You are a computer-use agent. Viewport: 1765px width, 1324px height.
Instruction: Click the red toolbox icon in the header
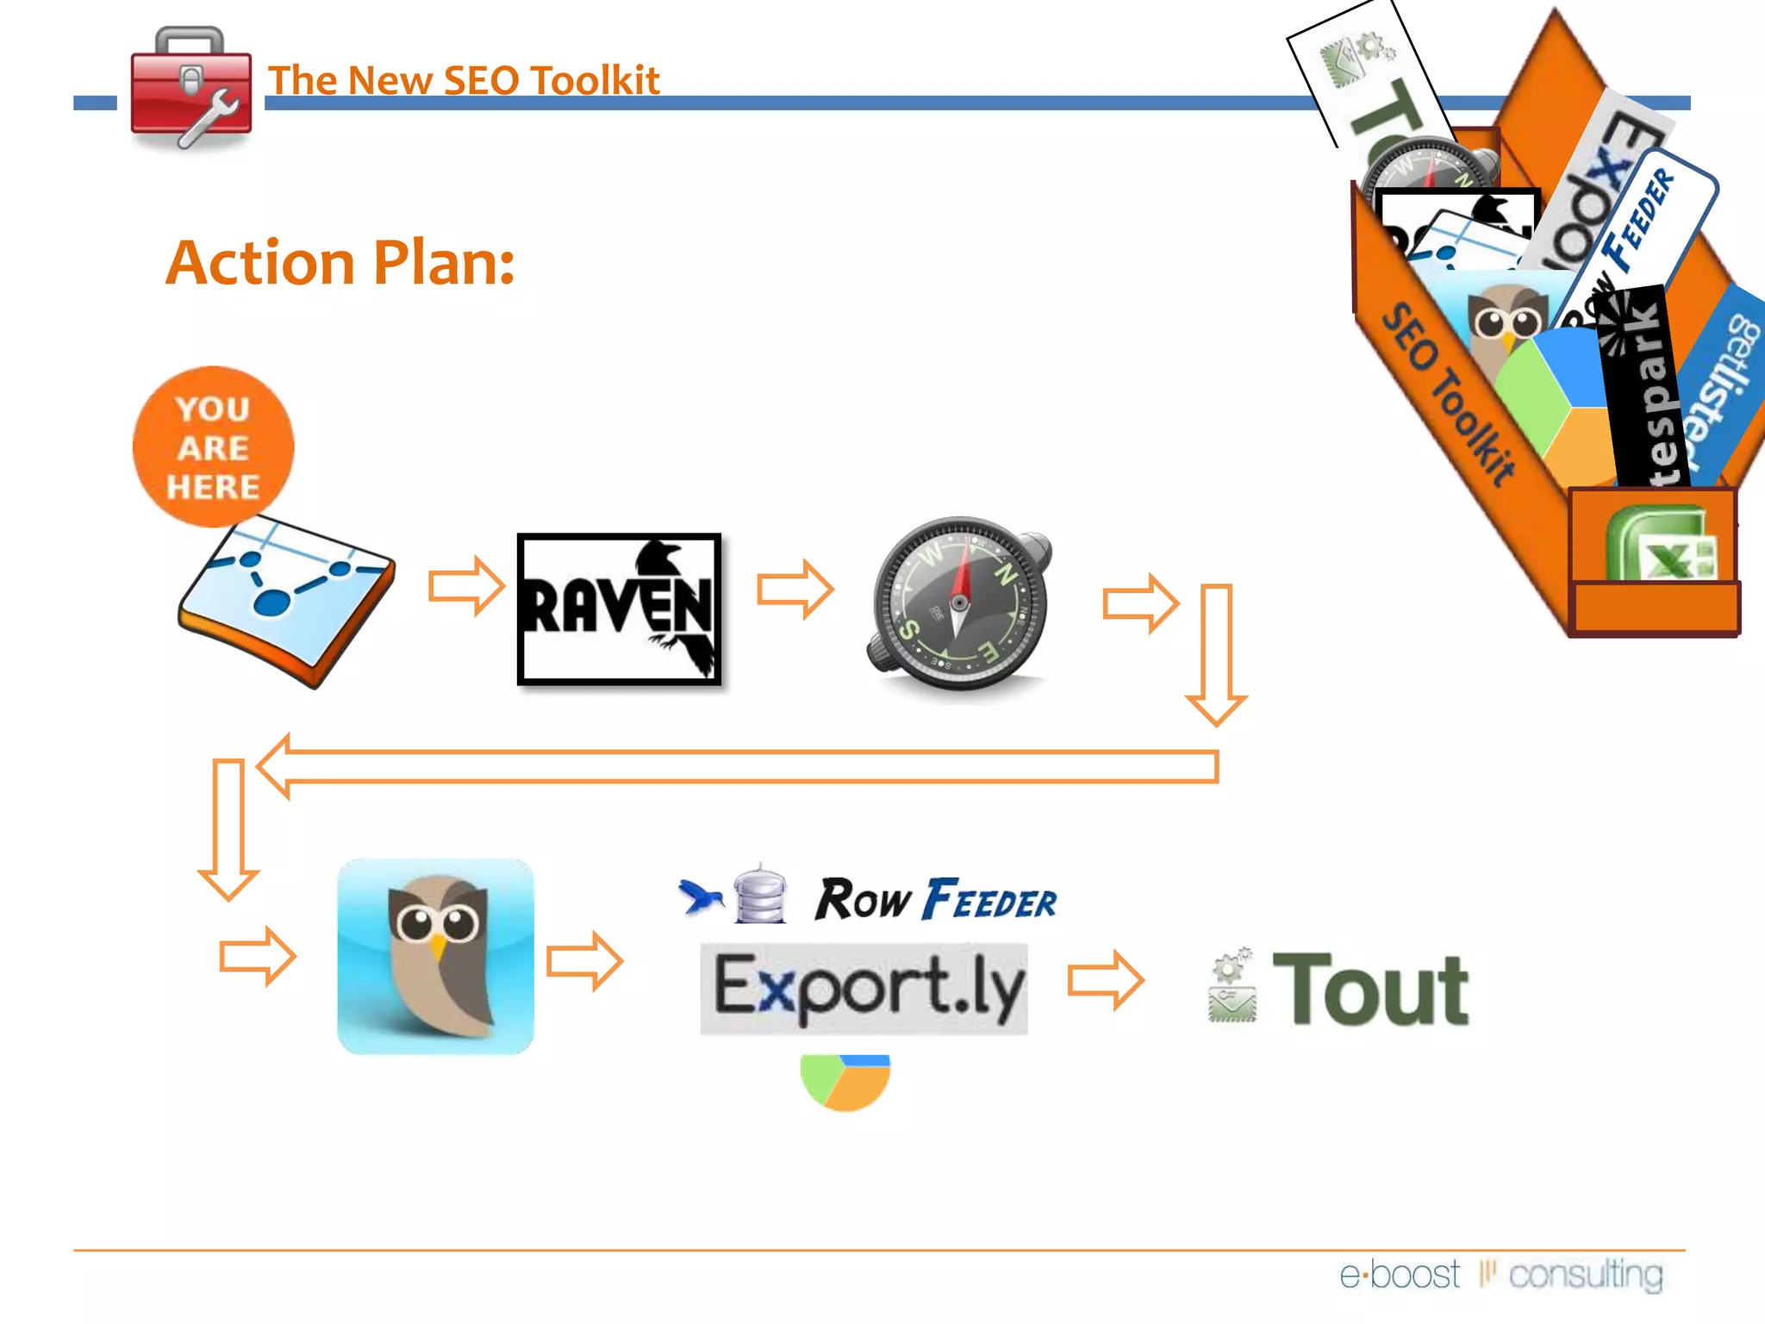[x=191, y=89]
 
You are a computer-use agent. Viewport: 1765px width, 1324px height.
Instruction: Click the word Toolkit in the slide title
[x=595, y=80]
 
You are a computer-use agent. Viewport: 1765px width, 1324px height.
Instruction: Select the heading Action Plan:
[x=340, y=262]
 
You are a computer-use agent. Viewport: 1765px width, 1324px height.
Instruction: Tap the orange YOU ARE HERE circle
[x=213, y=447]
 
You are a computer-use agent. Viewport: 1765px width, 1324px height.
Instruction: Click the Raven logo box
[x=619, y=609]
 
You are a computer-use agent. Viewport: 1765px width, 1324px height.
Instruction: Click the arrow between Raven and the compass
[x=795, y=590]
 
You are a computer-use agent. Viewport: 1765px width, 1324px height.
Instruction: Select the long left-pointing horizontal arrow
[x=737, y=766]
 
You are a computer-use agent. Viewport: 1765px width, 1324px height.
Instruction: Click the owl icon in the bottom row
[x=435, y=956]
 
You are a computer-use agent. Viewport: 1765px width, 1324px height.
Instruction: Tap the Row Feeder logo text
[x=936, y=901]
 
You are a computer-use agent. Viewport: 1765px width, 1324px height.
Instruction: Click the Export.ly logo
[x=864, y=989]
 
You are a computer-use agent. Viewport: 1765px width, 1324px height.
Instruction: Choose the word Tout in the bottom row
[x=1370, y=990]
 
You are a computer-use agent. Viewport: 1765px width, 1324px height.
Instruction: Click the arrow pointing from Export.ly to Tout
[x=1105, y=980]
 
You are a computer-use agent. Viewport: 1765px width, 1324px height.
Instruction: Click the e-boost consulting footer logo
[x=1500, y=1274]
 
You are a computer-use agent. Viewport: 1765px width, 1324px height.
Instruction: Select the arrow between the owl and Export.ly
[x=584, y=960]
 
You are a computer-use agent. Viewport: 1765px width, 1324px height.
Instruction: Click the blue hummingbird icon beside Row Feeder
[x=701, y=896]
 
